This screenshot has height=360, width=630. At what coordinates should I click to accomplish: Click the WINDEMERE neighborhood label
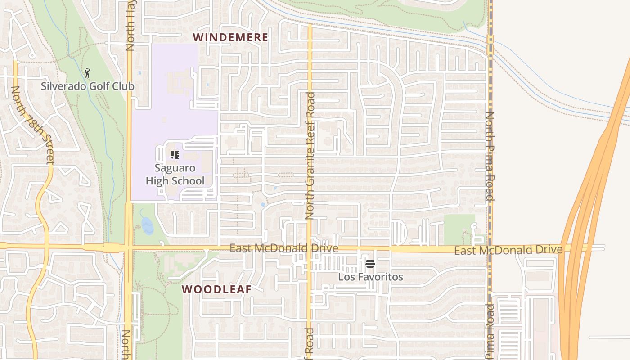coord(230,37)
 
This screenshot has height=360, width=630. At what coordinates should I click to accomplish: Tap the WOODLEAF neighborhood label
coord(216,289)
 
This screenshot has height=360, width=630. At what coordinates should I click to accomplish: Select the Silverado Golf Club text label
coord(87,86)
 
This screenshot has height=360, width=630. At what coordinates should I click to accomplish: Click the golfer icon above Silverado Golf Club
coord(87,72)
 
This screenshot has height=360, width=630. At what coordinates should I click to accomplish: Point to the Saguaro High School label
coord(175,175)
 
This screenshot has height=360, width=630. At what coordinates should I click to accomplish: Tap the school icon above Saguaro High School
coord(175,155)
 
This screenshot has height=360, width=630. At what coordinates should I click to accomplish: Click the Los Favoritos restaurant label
coord(370,277)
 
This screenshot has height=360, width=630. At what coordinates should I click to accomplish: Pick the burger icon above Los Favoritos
coord(370,264)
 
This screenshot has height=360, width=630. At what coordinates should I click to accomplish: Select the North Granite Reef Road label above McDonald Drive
coord(310,156)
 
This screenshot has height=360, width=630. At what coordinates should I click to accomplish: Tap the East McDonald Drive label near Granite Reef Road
coord(283,248)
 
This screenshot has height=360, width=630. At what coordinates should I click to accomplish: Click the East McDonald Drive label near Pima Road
coord(508,250)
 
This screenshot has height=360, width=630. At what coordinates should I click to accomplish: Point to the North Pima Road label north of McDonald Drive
coord(490,156)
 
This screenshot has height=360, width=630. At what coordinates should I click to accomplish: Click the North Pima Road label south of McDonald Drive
coord(490,332)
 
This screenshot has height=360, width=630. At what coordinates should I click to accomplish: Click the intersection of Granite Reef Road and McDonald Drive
coord(310,248)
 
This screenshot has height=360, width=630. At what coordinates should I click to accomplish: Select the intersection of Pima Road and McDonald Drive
coord(490,248)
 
